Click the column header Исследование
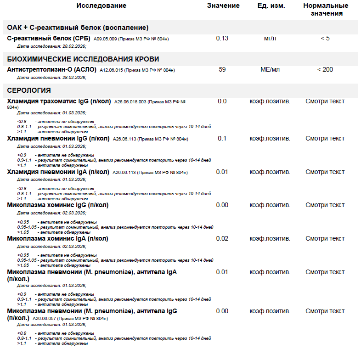101,6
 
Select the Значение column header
223,6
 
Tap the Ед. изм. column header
271,6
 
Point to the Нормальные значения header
325,9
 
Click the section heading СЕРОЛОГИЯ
29,90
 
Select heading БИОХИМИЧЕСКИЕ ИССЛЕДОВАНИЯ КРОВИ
83,59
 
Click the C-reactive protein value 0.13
222,38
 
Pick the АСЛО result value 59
222,69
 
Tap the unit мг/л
270,38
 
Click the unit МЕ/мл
270,69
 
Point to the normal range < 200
325,69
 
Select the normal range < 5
325,38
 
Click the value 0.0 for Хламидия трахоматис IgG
222,101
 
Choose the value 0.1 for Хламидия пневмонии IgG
222,138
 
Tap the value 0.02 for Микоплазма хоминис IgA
222,238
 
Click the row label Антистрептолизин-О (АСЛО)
52,70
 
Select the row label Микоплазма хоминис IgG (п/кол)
58,205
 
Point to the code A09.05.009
105,39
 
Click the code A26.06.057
45,318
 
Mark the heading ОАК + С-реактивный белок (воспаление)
78,28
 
